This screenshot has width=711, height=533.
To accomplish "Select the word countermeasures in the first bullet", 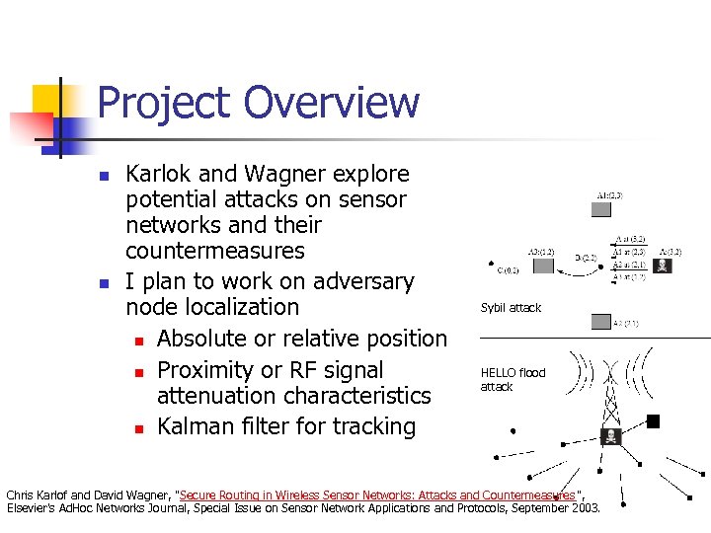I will (215, 251).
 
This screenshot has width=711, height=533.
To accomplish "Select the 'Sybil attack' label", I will (511, 308).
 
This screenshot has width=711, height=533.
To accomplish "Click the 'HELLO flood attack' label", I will (512, 380).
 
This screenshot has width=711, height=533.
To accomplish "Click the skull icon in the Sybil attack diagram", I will (663, 265).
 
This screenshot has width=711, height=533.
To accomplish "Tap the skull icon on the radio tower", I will (609, 436).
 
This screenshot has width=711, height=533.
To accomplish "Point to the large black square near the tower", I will (653, 421).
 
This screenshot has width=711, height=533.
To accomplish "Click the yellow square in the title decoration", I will (51, 103).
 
